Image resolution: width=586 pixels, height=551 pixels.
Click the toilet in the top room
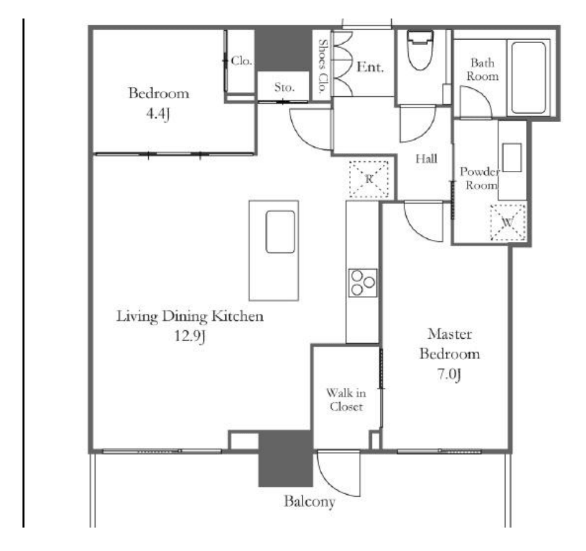[421, 51]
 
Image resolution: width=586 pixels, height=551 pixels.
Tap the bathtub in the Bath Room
[529, 78]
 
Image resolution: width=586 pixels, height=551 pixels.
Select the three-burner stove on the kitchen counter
[362, 283]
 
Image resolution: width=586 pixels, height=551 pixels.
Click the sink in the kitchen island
[280, 232]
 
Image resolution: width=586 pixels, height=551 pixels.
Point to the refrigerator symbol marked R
[369, 180]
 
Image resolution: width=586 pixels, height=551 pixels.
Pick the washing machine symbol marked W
[508, 223]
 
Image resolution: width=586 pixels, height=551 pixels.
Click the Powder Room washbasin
[512, 157]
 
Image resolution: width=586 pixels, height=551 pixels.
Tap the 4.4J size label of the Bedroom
[158, 114]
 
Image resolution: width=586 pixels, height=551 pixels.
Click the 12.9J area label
[190, 336]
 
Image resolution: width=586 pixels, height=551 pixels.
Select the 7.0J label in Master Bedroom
[449, 374]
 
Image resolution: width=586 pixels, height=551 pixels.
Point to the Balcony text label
[309, 501]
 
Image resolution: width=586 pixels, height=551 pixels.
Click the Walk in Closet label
[346, 400]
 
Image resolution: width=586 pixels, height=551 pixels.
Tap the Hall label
[427, 159]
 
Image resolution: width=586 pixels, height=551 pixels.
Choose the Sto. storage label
[285, 88]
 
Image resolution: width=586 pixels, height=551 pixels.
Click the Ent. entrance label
[370, 67]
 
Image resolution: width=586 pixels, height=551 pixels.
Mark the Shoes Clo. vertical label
[322, 67]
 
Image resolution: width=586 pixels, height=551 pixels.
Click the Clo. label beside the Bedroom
[241, 60]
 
